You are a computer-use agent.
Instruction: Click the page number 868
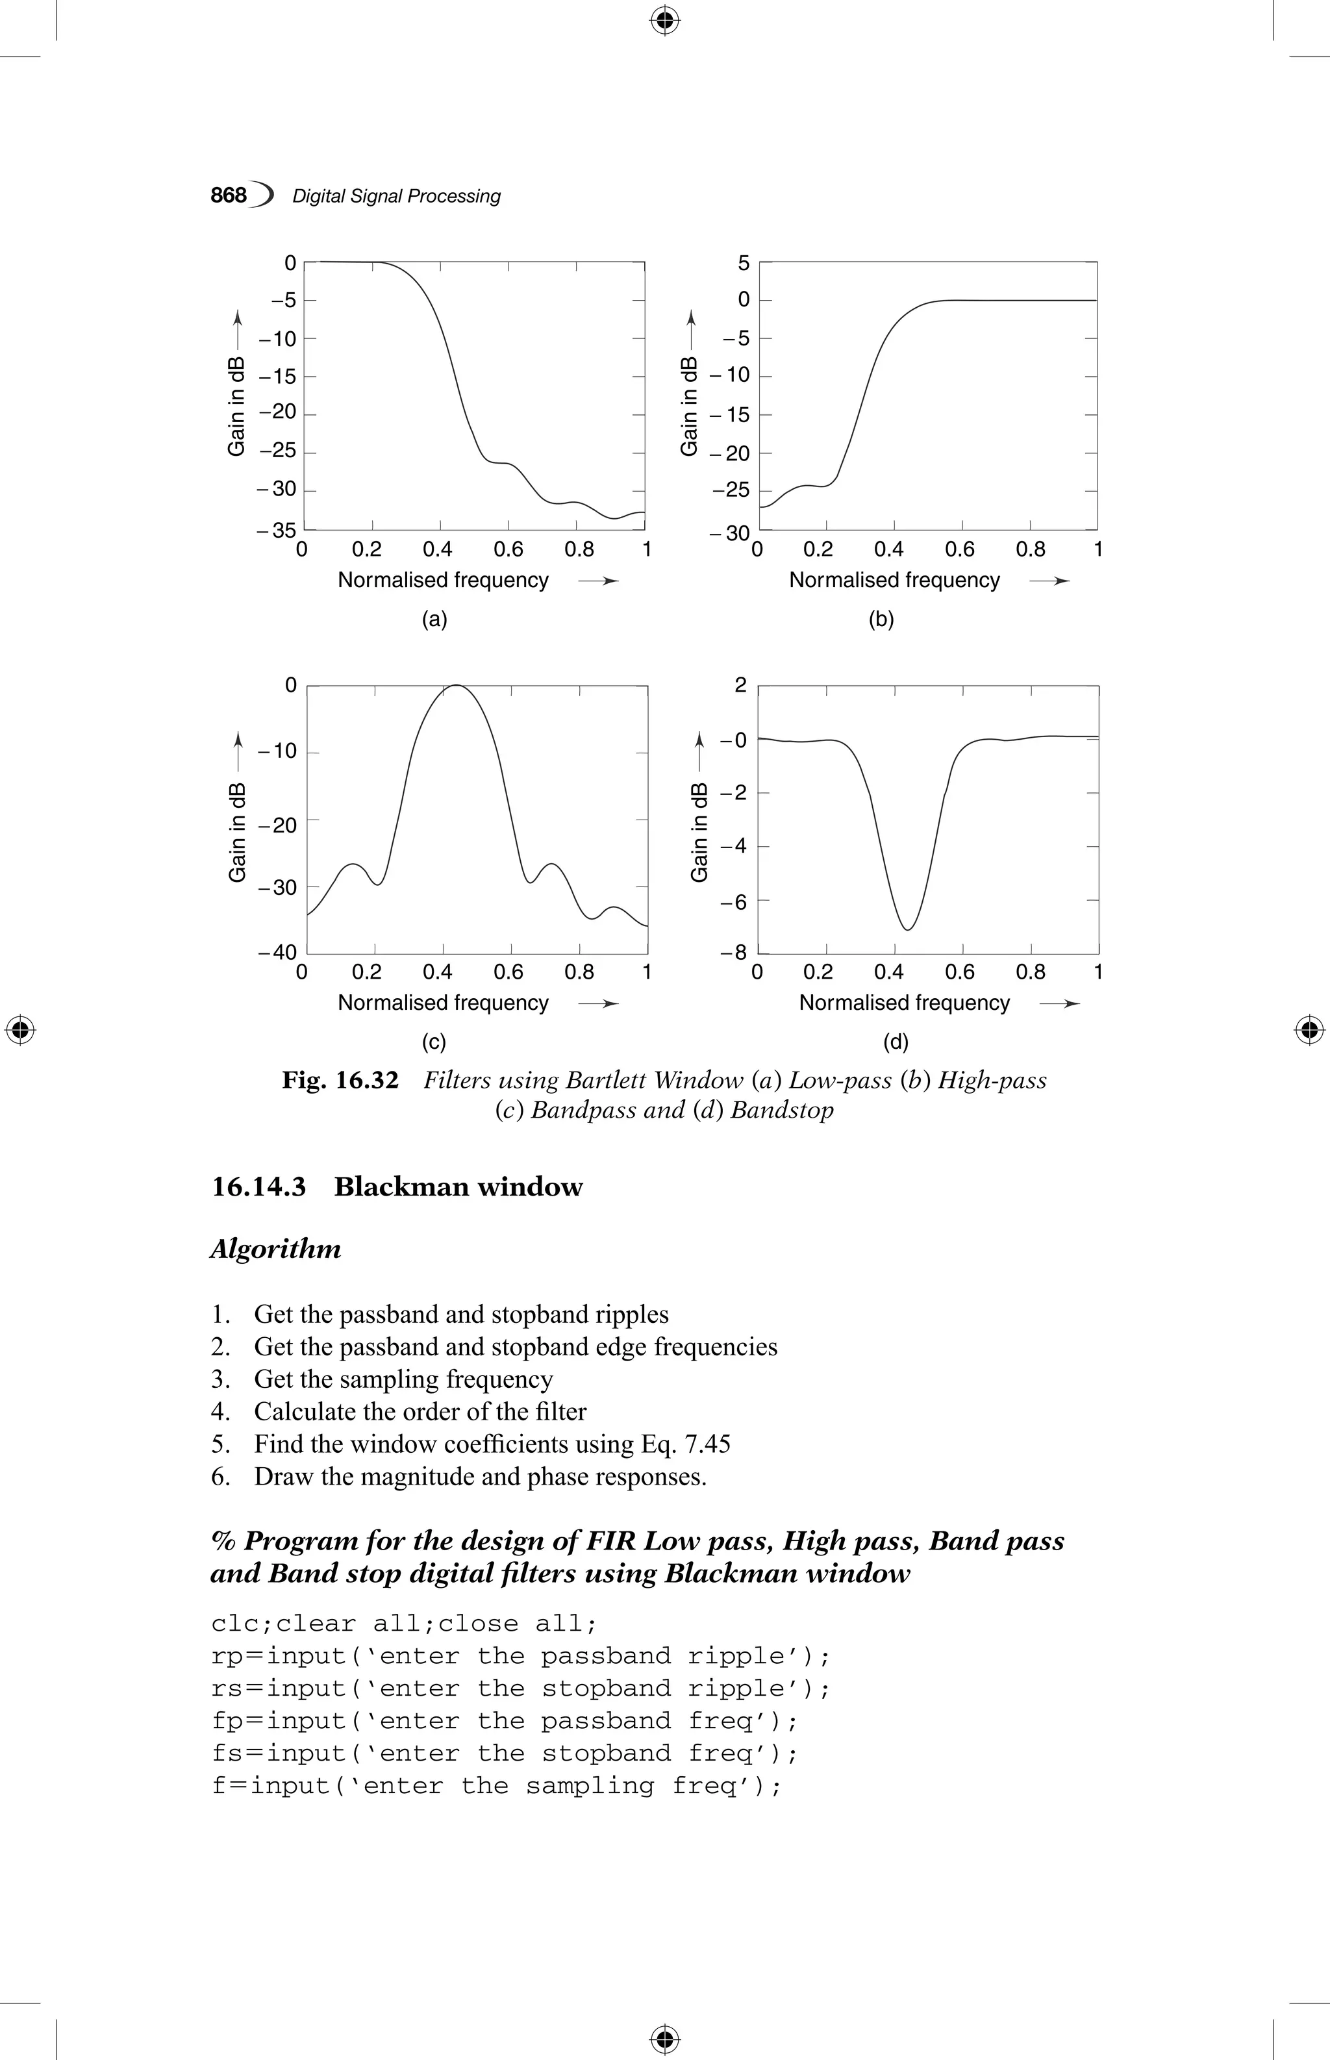click(x=229, y=195)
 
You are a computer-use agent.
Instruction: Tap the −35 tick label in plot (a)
click(x=277, y=531)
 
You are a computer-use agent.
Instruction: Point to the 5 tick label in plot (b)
click(x=744, y=262)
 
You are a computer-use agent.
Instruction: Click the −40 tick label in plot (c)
click(x=277, y=952)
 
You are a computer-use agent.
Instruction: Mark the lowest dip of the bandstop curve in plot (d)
click(x=908, y=929)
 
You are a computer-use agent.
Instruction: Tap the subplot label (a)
click(x=434, y=620)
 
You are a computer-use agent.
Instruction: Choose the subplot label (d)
click(x=896, y=1042)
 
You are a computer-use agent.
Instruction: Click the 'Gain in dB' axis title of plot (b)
click(x=689, y=405)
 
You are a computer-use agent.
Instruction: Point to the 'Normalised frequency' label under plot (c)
click(x=443, y=1003)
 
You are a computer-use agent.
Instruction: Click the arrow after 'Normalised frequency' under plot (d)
click(x=1060, y=1003)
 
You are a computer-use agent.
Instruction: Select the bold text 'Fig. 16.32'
click(x=340, y=1081)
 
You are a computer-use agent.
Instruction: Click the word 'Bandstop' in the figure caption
click(x=782, y=1110)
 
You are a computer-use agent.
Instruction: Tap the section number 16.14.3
click(x=258, y=1187)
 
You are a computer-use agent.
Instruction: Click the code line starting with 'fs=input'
click(x=505, y=1753)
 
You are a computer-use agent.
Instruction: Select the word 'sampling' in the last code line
click(x=590, y=1786)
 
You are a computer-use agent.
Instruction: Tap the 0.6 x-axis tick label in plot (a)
click(x=508, y=549)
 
